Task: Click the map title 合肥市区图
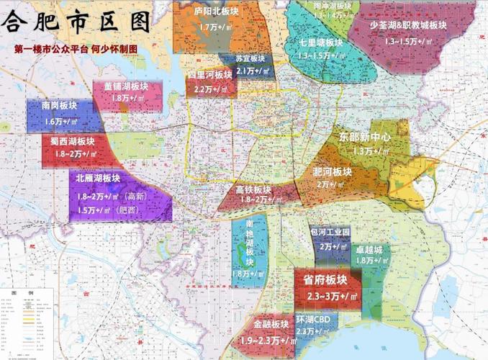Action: [x=77, y=21]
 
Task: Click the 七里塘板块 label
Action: [x=317, y=42]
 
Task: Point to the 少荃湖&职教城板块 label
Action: [x=408, y=24]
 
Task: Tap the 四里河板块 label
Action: [x=210, y=74]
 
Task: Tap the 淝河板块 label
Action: [x=333, y=171]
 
